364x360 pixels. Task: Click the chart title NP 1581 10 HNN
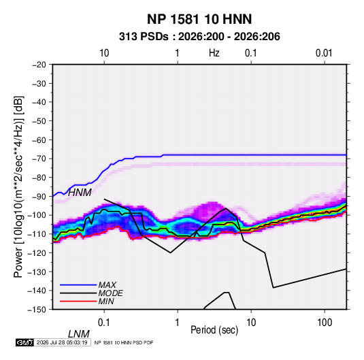(x=199, y=19)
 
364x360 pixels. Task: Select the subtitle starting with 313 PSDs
(x=199, y=37)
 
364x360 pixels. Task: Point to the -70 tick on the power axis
(x=39, y=159)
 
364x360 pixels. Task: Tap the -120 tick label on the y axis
(x=37, y=253)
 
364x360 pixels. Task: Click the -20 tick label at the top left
(x=39, y=65)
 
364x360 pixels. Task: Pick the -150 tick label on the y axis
(x=37, y=310)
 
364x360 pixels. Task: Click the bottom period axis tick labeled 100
(x=325, y=323)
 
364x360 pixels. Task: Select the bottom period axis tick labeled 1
(x=178, y=323)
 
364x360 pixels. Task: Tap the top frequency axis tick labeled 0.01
(x=324, y=53)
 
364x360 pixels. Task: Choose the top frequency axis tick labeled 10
(x=104, y=53)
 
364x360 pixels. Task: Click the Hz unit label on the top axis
(x=214, y=53)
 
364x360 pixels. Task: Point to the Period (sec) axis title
(x=214, y=330)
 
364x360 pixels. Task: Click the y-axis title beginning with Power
(x=18, y=186)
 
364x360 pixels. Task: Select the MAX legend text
(x=107, y=285)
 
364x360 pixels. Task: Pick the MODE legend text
(x=110, y=293)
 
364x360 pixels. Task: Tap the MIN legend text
(x=106, y=301)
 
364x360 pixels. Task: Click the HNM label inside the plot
(x=80, y=193)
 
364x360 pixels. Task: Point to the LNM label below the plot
(x=79, y=334)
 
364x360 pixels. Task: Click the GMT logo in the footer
(x=24, y=342)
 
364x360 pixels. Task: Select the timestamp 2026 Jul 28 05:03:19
(x=62, y=342)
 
